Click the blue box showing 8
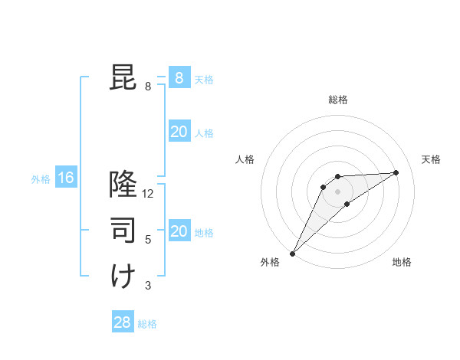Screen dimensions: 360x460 click(179, 77)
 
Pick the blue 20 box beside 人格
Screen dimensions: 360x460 click(179, 132)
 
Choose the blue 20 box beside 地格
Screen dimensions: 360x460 click(179, 231)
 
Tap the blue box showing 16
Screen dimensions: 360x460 click(66, 178)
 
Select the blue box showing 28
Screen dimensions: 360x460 click(122, 322)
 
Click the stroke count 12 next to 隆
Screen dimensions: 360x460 click(149, 194)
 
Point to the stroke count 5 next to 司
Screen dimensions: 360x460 click(148, 240)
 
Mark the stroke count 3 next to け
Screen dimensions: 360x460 click(148, 286)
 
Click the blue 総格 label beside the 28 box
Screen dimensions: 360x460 click(147, 324)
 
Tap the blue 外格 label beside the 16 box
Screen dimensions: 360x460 click(40, 179)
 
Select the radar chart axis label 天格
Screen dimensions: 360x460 click(431, 159)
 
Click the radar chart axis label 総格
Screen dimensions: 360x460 click(337, 100)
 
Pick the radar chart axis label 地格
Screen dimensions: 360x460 click(402, 262)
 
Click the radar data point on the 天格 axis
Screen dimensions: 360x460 click(396, 172)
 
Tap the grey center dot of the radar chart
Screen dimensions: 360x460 click(337, 191)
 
